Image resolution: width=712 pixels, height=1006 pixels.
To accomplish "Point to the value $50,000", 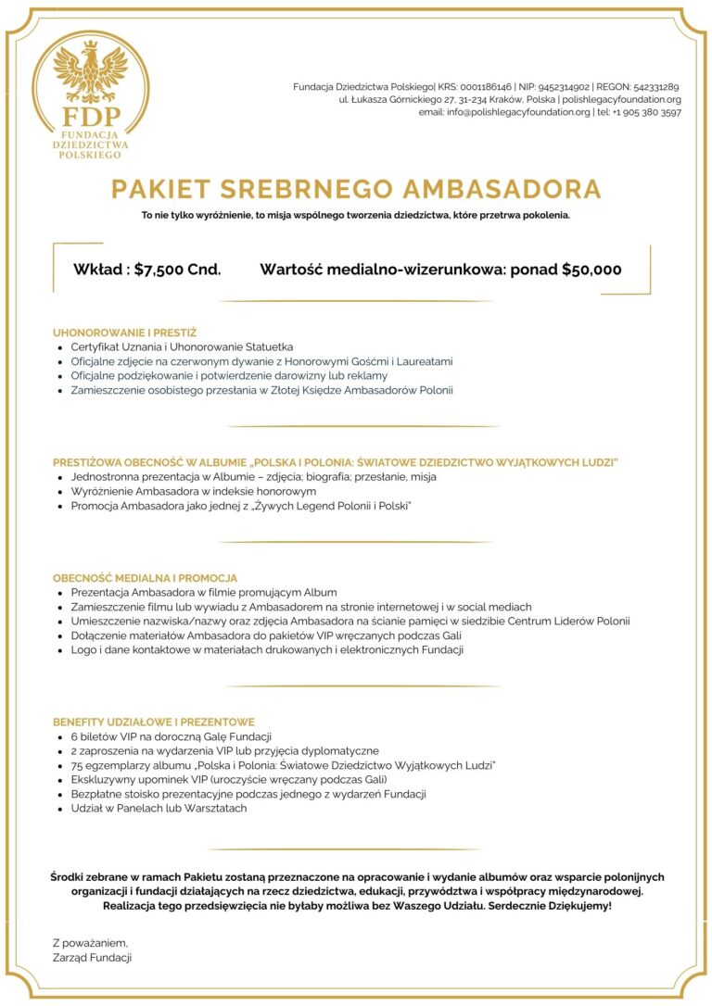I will pyautogui.click(x=591, y=270).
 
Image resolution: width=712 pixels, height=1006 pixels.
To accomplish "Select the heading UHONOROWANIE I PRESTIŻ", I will pyautogui.click(x=124, y=332).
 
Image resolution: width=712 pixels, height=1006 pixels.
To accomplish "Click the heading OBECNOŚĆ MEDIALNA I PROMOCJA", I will pyautogui.click(x=145, y=578).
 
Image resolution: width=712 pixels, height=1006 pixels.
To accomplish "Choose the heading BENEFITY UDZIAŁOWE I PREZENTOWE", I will pyautogui.click(x=153, y=722).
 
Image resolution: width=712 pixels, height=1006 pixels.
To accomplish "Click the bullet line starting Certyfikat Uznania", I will pyautogui.click(x=182, y=346).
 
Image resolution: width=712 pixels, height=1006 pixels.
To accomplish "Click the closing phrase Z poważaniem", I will pyautogui.click(x=90, y=942).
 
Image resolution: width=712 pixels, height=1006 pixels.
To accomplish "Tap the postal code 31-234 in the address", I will pyautogui.click(x=482, y=99).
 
